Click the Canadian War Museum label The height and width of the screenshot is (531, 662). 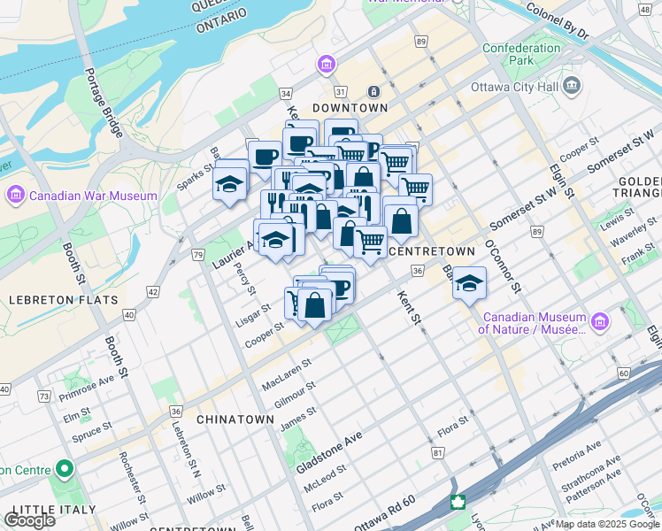click(x=93, y=196)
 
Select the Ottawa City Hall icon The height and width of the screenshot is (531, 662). click(x=572, y=86)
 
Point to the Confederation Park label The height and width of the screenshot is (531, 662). click(x=521, y=54)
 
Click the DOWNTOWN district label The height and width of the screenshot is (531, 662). click(x=350, y=107)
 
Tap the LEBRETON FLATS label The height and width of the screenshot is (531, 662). click(x=63, y=300)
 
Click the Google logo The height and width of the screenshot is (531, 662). click(x=29, y=519)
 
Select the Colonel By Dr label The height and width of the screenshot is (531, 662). click(x=557, y=19)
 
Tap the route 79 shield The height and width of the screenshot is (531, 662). click(x=197, y=255)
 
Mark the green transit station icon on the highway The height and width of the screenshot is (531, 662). click(x=458, y=503)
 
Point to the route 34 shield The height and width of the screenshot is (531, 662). click(x=286, y=93)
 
